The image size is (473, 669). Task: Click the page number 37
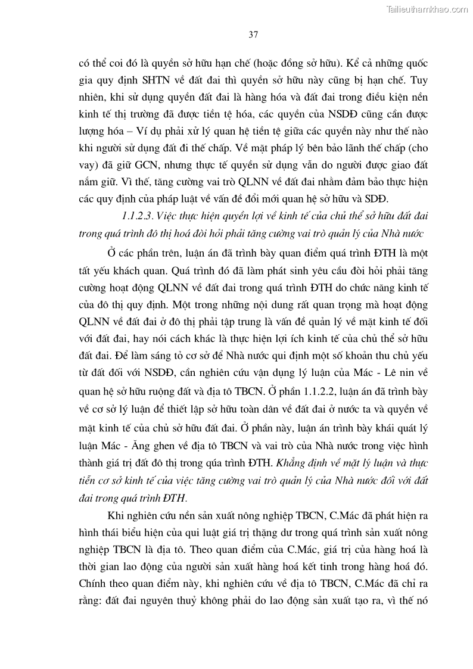(253, 35)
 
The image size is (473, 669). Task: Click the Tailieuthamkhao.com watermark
(427, 9)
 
